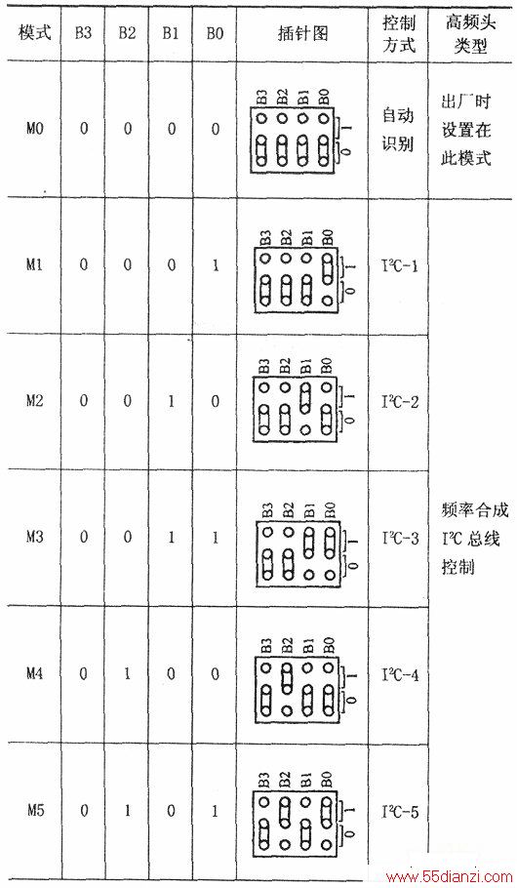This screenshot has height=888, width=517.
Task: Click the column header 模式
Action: [x=34, y=33]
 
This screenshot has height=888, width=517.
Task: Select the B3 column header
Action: [x=83, y=33]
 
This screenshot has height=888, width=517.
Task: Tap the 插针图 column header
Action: [x=302, y=33]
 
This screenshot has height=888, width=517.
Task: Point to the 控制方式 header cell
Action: [x=399, y=33]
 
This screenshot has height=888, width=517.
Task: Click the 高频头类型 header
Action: [x=470, y=33]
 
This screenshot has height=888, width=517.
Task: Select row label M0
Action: [x=34, y=129]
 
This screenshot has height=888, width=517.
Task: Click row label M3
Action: [x=34, y=537]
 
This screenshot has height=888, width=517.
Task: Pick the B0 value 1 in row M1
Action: [x=215, y=265]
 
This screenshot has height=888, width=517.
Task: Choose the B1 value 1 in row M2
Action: [x=171, y=401]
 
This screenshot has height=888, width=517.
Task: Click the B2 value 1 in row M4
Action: [x=128, y=674]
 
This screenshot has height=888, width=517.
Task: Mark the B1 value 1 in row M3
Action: [x=171, y=537]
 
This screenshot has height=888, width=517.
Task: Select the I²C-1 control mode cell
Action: [x=400, y=265]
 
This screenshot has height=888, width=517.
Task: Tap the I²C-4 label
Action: [x=400, y=674]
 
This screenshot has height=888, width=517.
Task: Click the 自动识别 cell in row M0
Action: [x=398, y=130]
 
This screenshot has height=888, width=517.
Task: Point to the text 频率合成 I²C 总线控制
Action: [x=473, y=538]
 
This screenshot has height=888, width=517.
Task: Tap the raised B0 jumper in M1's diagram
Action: [x=327, y=268]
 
